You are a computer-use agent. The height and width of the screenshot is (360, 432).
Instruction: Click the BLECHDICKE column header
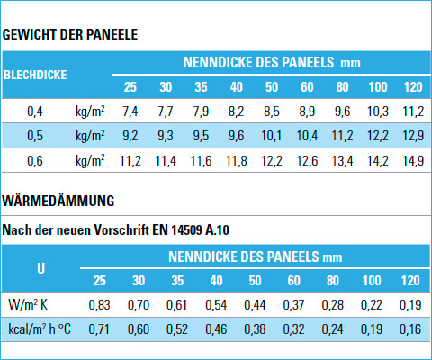pos(35,75)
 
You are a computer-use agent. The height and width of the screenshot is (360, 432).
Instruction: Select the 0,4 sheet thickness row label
pos(35,112)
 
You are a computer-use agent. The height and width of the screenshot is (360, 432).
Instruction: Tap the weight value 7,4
pos(130,112)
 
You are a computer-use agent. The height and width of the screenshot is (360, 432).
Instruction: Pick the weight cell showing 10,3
pos(378,112)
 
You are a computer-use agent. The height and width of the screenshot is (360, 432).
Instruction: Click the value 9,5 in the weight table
pos(201,136)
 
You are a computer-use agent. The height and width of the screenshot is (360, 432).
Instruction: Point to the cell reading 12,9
pos(413,136)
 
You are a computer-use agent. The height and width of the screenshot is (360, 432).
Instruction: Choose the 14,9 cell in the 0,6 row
pos(413,161)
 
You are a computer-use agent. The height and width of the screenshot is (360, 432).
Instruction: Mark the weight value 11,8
pos(237,161)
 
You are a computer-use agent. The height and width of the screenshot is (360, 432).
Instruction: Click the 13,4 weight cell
pos(342,161)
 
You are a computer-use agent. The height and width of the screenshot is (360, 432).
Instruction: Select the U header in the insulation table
pos(40,268)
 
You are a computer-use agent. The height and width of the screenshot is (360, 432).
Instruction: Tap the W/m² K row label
pos(28,305)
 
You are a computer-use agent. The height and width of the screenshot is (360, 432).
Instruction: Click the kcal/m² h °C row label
pos(40,329)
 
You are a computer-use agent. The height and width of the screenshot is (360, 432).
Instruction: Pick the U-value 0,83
pos(99,305)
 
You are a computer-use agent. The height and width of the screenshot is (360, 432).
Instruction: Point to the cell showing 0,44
pos(255,305)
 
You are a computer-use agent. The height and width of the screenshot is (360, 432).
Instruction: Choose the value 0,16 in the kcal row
pos(410,329)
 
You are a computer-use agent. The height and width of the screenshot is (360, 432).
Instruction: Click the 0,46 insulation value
pos(216,329)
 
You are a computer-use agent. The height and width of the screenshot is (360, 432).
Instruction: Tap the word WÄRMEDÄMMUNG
pos(58,201)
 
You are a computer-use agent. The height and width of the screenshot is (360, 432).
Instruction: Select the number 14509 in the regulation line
pos(186,230)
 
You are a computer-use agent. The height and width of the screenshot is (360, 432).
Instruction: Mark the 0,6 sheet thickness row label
pos(35,161)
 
